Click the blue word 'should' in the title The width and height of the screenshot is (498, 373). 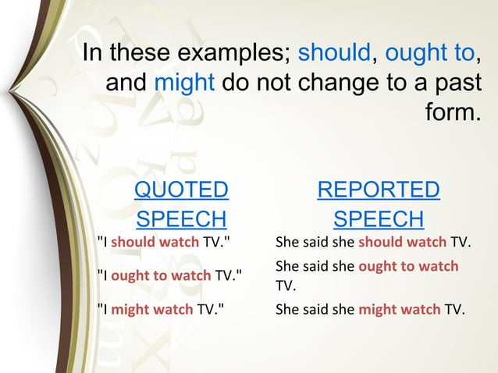point(334,54)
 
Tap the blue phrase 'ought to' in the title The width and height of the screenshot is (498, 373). point(429,54)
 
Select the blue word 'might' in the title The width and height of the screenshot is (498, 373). point(185,83)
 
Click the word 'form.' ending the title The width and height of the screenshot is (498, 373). point(452,112)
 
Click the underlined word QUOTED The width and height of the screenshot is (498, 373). point(182,190)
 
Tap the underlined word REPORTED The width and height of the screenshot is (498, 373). point(379,190)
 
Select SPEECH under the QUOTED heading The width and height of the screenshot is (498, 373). point(182,218)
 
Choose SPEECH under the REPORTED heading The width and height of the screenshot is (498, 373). point(379,218)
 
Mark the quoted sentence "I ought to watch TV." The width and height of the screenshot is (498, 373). point(169,275)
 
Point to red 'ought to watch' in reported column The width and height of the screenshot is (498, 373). point(408,266)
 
